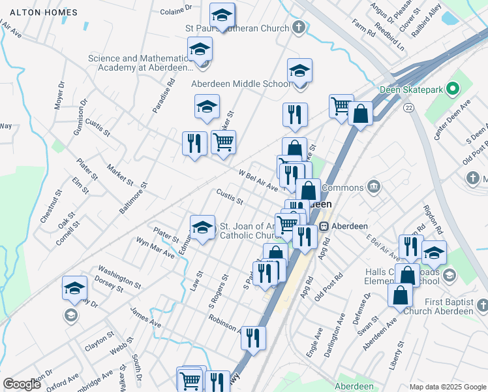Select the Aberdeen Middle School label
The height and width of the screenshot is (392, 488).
coord(241,84)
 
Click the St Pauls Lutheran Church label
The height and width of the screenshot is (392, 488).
coord(237,28)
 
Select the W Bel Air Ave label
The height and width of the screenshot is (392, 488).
coord(258,180)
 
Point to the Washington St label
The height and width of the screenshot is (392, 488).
coord(119,276)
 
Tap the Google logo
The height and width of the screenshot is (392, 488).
coord(22,384)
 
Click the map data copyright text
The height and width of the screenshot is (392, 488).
coord(446,387)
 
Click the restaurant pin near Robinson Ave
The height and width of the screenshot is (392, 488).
coord(253,337)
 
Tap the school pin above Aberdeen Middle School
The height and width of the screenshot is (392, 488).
coord(299,71)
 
